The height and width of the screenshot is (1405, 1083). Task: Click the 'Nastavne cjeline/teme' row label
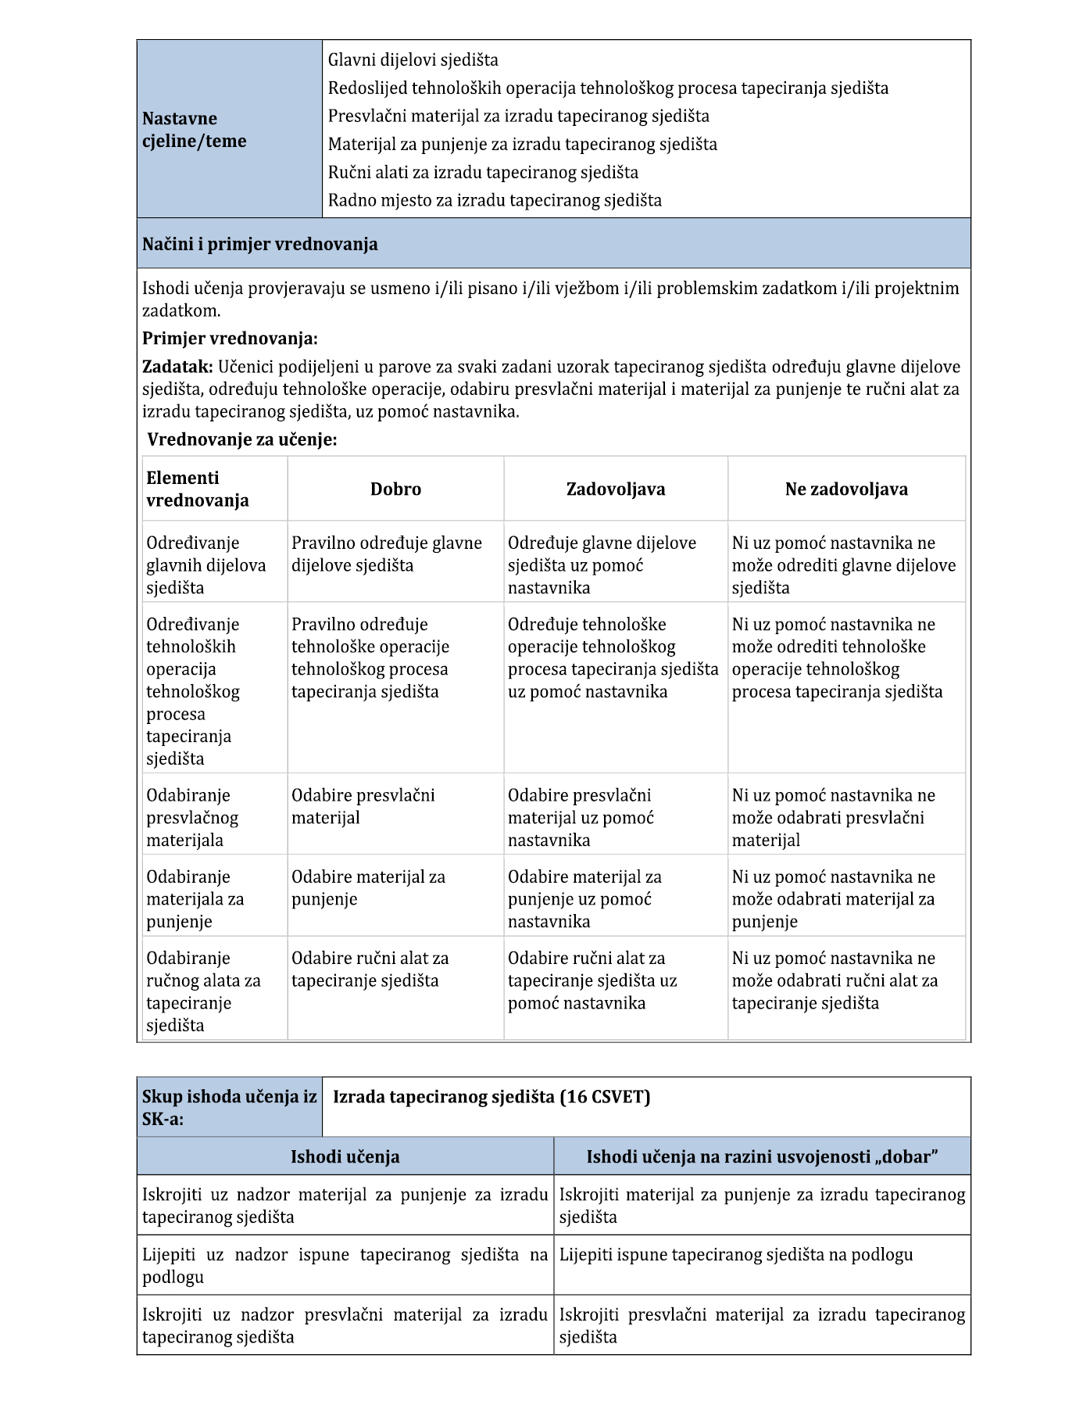(194, 130)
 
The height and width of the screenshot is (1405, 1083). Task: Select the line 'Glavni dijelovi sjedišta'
(413, 60)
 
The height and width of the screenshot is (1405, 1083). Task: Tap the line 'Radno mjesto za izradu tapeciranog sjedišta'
(494, 200)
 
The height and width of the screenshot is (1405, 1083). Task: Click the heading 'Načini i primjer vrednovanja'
(259, 244)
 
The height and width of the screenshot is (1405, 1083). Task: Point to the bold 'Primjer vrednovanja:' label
(230, 339)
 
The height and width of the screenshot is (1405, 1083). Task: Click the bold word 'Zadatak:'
(177, 367)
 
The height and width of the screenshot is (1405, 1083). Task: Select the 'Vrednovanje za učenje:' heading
(242, 439)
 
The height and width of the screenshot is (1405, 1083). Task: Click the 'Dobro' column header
(395, 489)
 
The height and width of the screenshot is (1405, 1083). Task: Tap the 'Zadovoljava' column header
(616, 489)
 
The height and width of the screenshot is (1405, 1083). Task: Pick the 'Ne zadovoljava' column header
(846, 489)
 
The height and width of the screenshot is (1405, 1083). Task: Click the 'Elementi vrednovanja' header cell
(197, 489)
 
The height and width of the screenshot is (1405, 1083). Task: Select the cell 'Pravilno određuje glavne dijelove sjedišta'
(387, 554)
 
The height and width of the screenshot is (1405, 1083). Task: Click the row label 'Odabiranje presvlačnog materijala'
(192, 818)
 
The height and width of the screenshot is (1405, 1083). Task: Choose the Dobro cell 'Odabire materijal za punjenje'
(368, 888)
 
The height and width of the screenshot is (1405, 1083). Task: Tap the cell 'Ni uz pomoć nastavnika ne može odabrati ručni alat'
(835, 980)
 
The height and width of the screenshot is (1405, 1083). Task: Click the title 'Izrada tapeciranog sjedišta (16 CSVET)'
(491, 1097)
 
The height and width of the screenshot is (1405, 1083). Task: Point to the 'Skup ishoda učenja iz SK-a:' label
(229, 1107)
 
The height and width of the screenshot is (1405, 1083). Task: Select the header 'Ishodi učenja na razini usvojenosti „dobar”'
(762, 1156)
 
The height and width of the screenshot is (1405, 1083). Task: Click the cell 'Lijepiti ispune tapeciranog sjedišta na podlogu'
(735, 1255)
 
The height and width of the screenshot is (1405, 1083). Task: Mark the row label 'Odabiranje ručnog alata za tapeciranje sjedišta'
(203, 991)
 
